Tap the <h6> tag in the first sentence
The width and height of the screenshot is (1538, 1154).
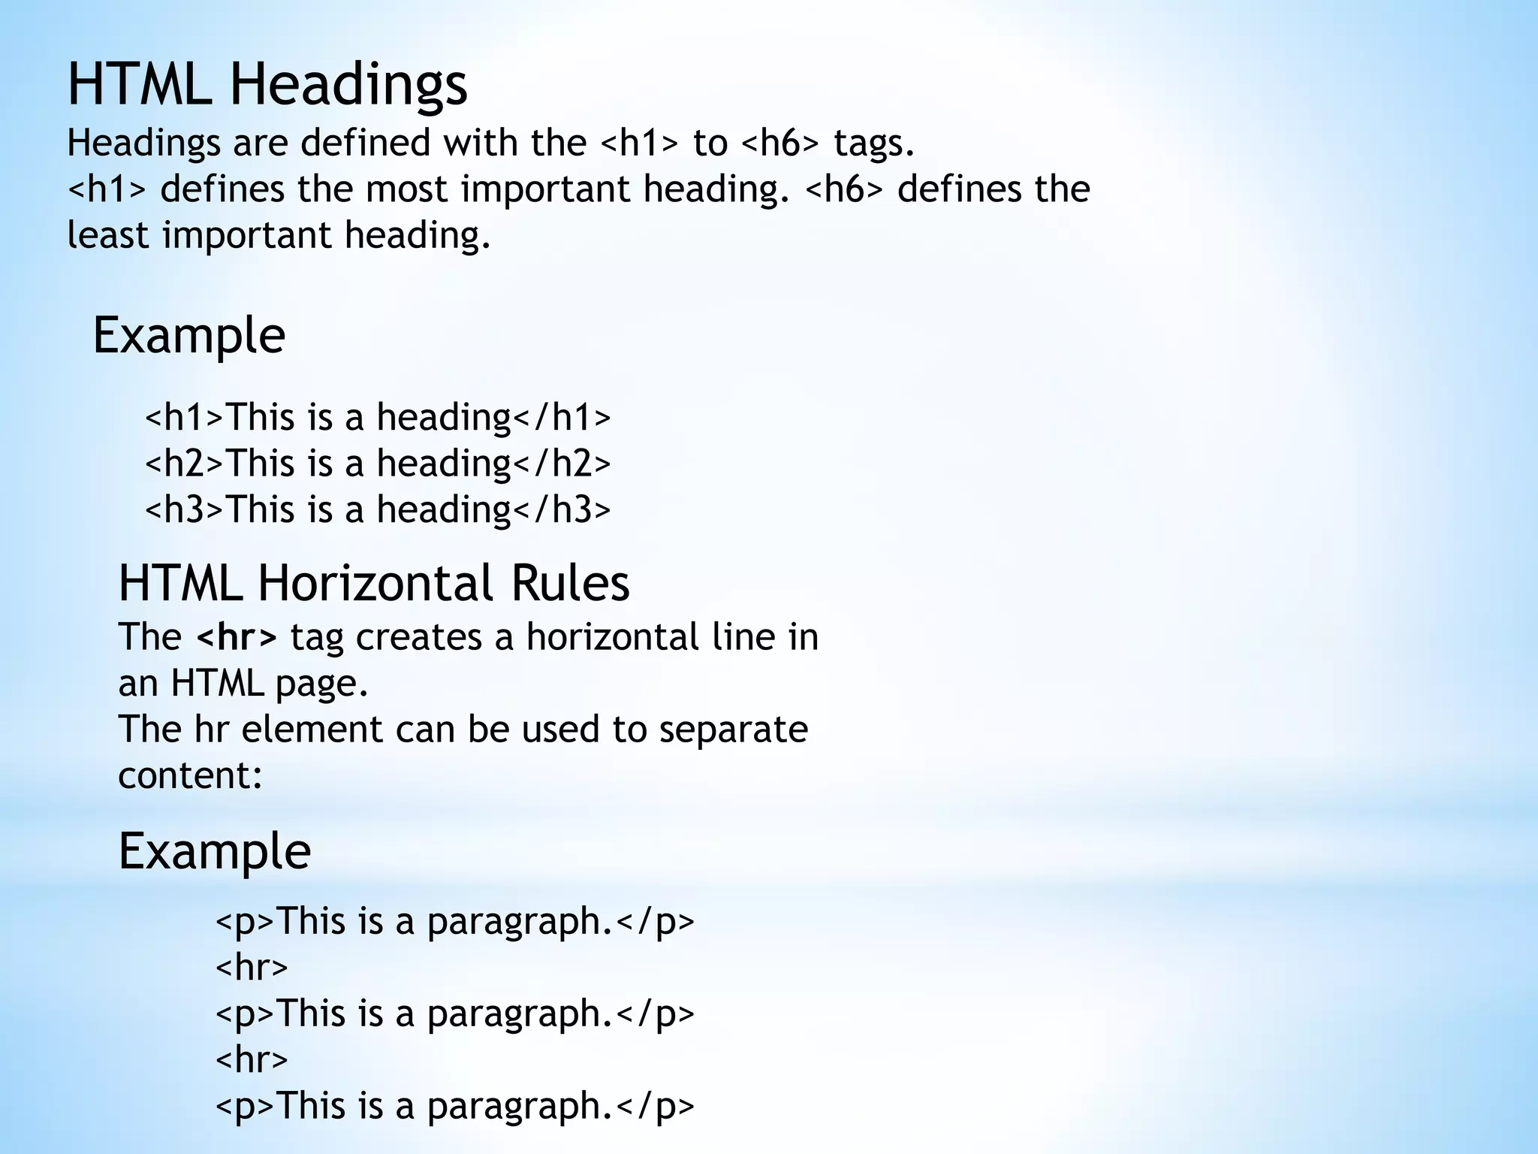tap(780, 143)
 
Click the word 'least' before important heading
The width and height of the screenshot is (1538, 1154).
tap(110, 235)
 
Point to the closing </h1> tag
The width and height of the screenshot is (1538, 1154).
tap(562, 417)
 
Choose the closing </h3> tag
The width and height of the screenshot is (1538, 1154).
tap(562, 509)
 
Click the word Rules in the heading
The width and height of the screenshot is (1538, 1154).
tap(570, 583)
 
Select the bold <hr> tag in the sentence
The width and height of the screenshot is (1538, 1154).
tap(237, 637)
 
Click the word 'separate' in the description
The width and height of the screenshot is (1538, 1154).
tap(733, 730)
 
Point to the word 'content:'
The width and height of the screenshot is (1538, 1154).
tap(190, 775)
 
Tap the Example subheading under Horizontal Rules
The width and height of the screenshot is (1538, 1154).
tap(214, 851)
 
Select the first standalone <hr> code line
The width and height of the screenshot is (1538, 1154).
tap(252, 968)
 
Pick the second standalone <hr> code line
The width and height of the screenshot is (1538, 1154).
tap(252, 1060)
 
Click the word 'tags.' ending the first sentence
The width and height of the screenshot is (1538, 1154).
tap(874, 143)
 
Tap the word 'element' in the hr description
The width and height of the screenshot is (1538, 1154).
tap(312, 730)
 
